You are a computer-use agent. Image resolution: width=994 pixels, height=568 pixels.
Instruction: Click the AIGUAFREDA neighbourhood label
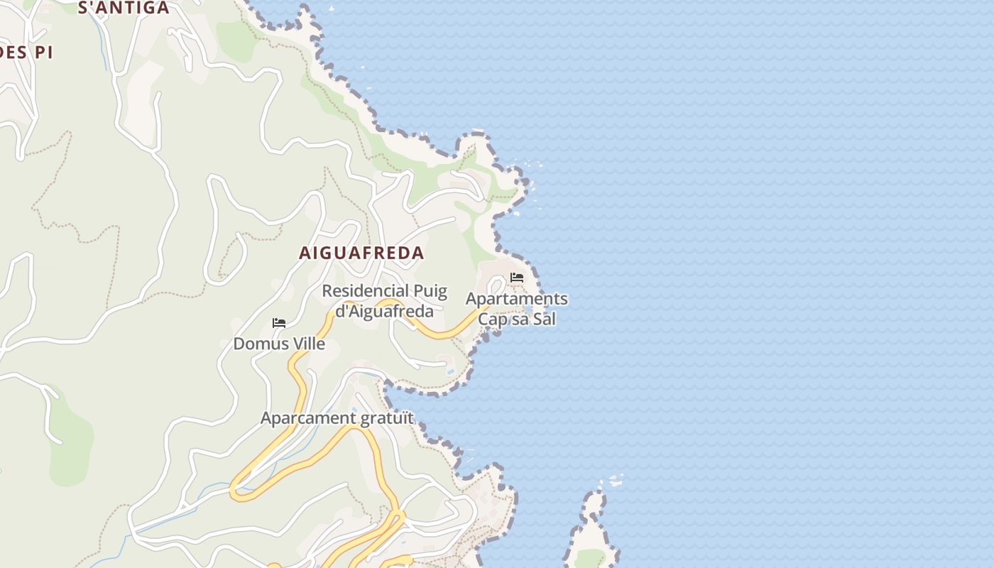pos(361,253)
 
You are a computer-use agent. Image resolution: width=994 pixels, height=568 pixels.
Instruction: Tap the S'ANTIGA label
pos(123,8)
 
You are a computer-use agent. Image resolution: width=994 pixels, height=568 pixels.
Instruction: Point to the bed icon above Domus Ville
pos(279,323)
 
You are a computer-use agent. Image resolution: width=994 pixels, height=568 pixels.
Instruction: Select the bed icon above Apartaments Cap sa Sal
pos(517,277)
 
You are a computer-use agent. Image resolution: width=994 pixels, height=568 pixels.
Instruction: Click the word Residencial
pos(366,291)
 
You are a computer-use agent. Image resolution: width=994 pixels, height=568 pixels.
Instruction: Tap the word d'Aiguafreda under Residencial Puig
pos(384,311)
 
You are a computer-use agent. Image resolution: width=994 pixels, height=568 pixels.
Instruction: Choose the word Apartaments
pos(516,299)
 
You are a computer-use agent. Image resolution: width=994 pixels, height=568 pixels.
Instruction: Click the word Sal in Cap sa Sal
pos(544,319)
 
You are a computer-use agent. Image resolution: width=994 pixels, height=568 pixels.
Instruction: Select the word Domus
pos(258,344)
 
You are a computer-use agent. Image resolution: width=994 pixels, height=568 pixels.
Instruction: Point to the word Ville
pos(306,344)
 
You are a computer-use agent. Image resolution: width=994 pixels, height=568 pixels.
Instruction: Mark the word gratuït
pos(387,418)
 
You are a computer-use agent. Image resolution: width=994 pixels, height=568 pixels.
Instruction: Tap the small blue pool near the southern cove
pos(450,371)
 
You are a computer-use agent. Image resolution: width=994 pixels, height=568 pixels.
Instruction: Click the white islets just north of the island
pos(616,481)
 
